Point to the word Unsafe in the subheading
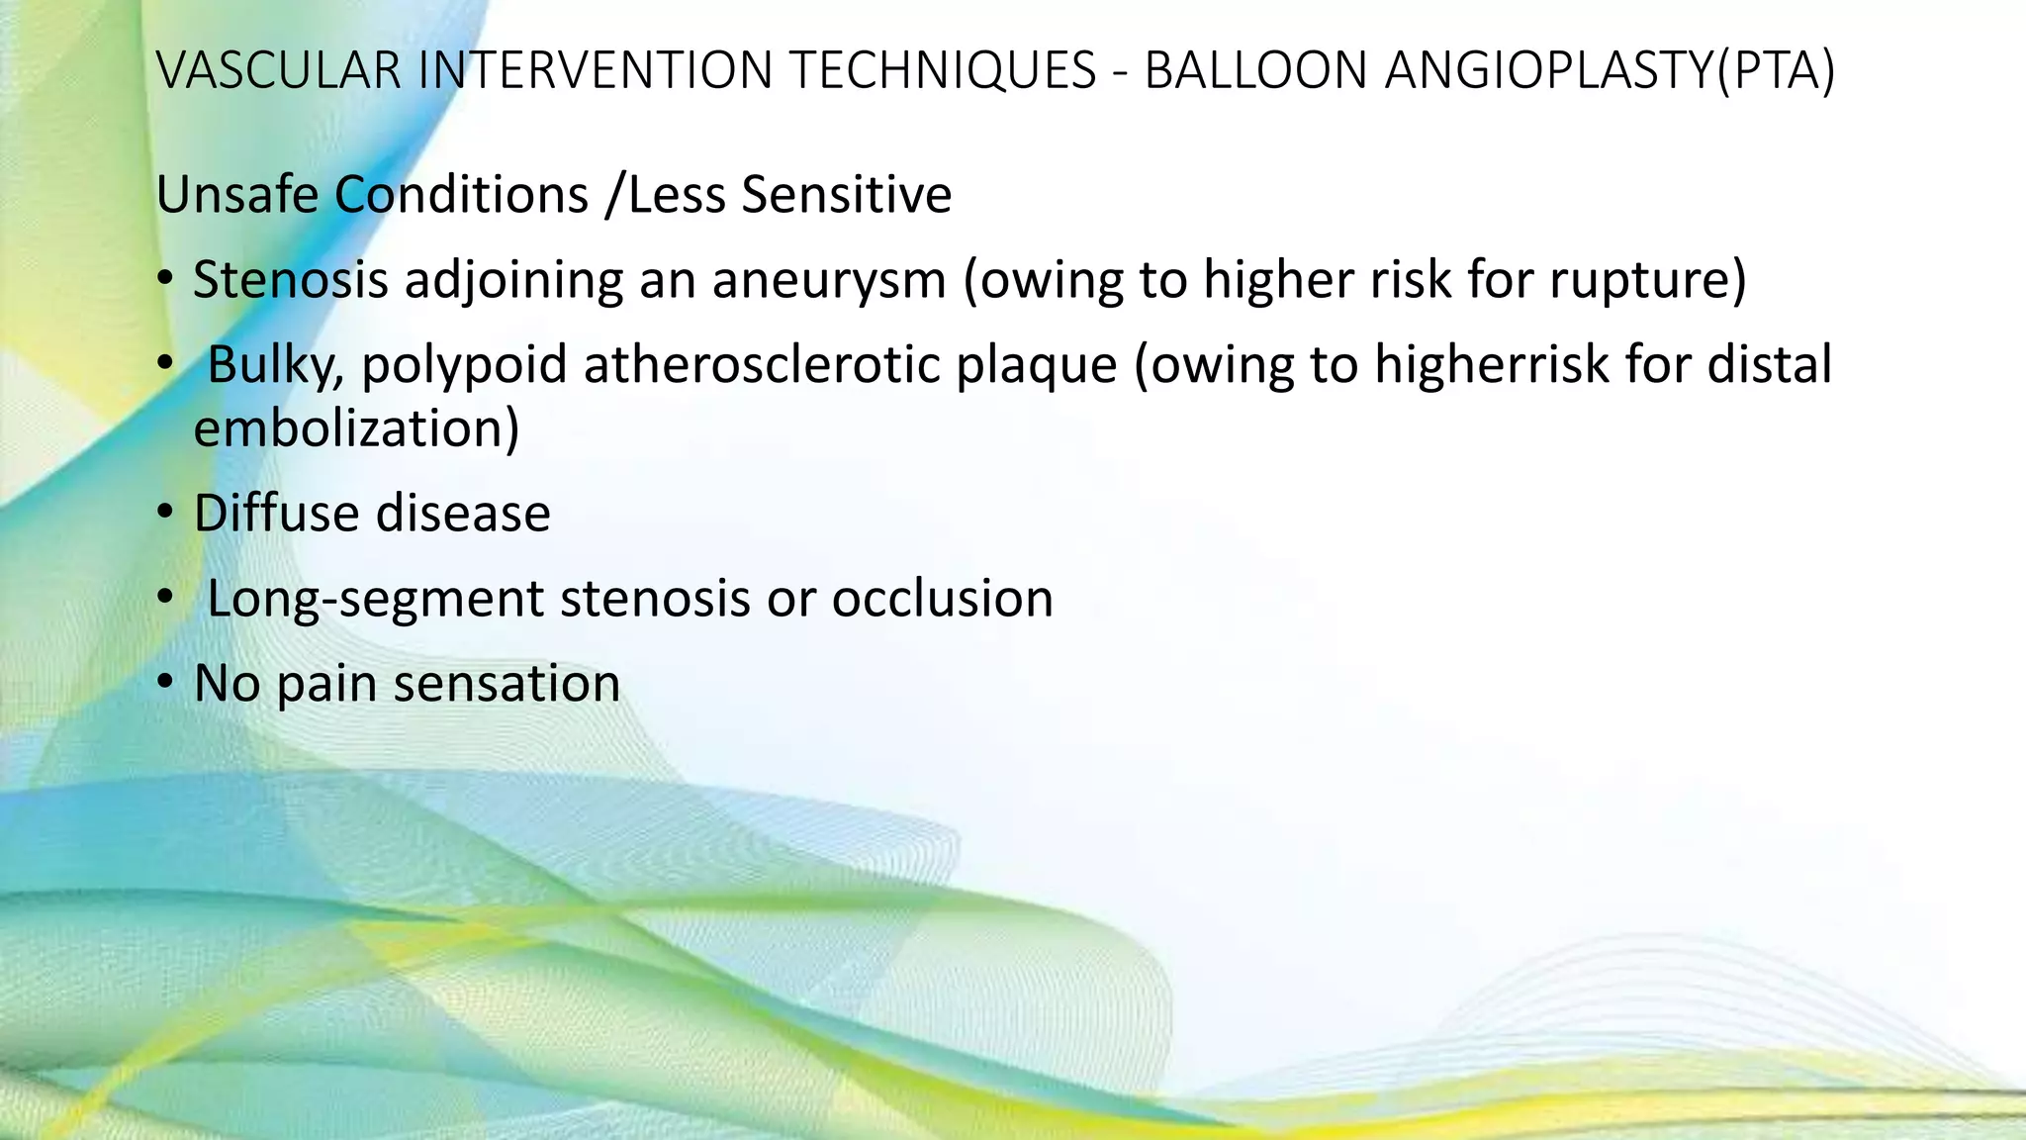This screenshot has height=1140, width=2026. point(237,194)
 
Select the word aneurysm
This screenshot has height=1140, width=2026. point(829,281)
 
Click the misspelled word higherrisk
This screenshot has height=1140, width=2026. point(1492,365)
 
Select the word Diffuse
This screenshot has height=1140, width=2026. point(275,514)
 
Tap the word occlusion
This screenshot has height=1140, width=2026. point(942,599)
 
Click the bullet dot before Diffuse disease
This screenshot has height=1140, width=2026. point(165,514)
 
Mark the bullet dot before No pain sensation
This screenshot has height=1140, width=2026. point(165,683)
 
